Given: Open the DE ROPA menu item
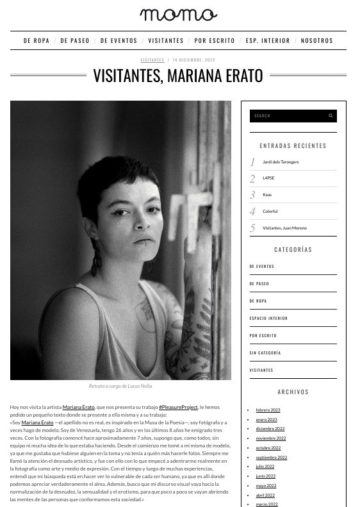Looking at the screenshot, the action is [x=37, y=40].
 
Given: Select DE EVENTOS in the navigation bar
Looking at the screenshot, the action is [x=119, y=40].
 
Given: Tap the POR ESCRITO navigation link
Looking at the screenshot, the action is [x=215, y=40].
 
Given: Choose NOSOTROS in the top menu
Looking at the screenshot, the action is [x=317, y=40].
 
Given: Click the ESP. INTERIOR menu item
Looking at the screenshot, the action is [x=268, y=40].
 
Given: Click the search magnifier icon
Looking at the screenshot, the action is [x=331, y=116].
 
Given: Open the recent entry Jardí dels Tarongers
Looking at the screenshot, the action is [x=281, y=162].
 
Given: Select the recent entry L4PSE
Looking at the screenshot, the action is [x=268, y=178].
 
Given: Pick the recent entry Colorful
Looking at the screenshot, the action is [x=270, y=212].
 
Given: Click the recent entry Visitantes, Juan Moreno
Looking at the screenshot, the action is [x=284, y=228].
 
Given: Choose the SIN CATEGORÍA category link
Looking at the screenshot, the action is [x=265, y=353].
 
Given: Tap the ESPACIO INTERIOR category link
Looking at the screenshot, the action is [x=268, y=318].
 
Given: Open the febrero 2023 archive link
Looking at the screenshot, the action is [x=268, y=410].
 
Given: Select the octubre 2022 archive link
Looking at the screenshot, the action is [x=268, y=448].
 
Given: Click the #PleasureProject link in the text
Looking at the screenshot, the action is [x=179, y=407].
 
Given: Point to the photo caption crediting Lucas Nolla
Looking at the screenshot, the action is [x=120, y=386].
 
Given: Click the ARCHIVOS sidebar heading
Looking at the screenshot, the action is [x=293, y=392].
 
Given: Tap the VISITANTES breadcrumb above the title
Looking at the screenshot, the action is [x=152, y=60].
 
